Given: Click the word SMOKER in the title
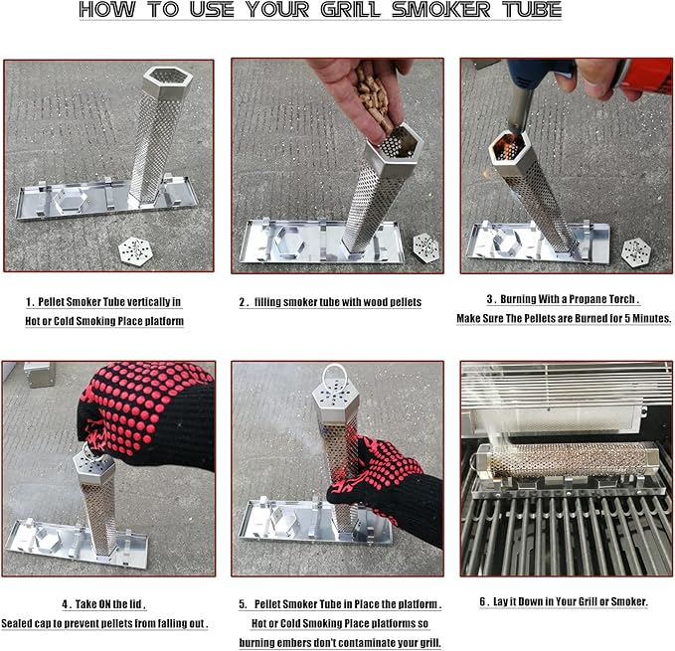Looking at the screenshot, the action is tap(440, 10).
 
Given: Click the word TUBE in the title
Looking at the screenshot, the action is tap(532, 10).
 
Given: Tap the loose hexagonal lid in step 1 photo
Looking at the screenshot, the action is tap(135, 250).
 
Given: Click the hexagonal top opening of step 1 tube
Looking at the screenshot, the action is tap(167, 78).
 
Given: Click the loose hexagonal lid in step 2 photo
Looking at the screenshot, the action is tap(425, 247).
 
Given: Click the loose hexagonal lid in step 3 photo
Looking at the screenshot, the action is tap(636, 252).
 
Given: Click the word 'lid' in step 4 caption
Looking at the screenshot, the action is tap(135, 604).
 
